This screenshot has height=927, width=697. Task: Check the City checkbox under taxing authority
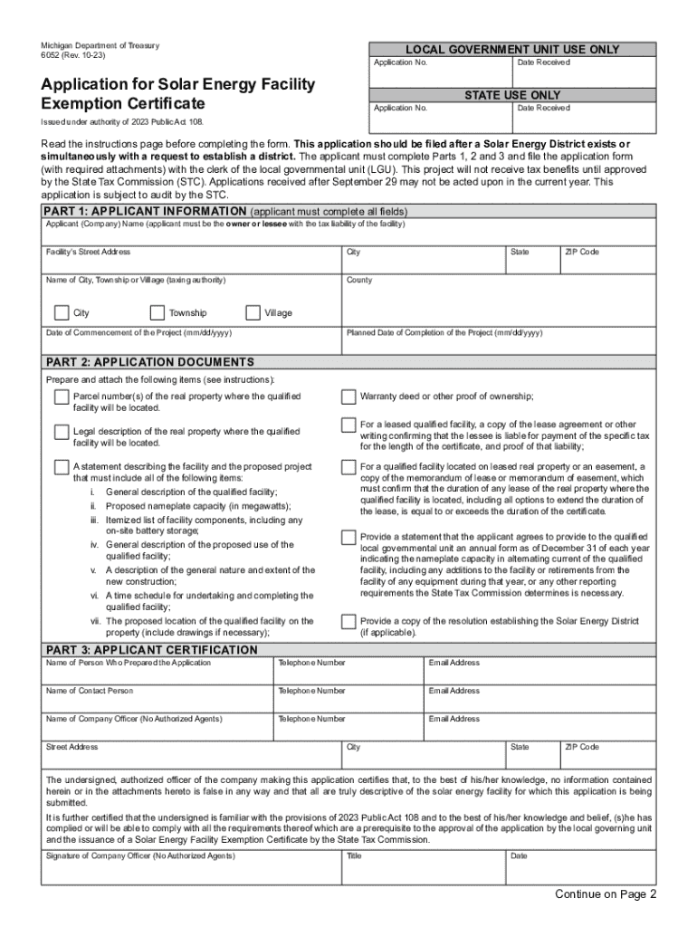point(62,313)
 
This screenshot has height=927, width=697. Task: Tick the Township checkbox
point(158,313)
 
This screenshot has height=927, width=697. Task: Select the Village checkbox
point(253,313)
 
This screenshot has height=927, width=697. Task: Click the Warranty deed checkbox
point(348,397)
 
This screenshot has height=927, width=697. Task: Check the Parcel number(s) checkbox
point(61,397)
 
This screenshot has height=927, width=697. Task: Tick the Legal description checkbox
point(61,432)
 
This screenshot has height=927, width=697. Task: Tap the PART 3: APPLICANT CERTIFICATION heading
point(151,650)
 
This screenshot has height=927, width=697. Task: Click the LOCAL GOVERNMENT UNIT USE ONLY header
point(511,49)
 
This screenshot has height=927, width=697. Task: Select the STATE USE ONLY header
point(511,95)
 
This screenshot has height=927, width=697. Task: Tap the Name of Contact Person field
point(158,700)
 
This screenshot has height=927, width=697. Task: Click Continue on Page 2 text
point(606,894)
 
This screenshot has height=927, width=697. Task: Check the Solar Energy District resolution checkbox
point(348,621)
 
